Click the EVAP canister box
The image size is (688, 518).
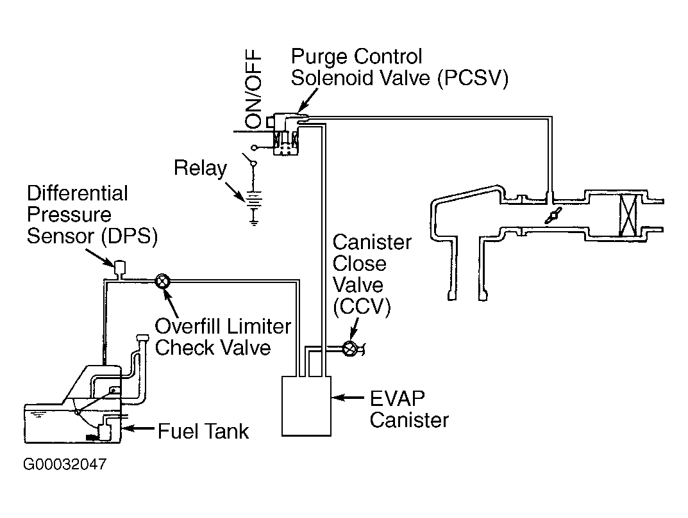306,406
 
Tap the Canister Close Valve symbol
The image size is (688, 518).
350,348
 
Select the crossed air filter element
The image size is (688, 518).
628,215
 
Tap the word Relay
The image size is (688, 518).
201,168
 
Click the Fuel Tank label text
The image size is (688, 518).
203,431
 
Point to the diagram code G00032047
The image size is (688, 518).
65,464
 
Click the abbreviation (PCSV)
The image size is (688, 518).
473,79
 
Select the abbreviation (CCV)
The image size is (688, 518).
362,306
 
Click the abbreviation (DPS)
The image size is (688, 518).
129,236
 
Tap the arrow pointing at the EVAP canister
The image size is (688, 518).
348,398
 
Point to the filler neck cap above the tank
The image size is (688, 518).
142,338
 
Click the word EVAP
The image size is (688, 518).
397,398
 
